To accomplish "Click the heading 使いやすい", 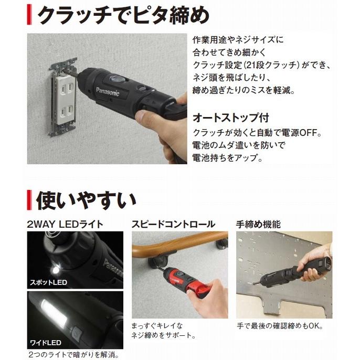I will (x=87, y=200).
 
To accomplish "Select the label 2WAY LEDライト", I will (x=65, y=224).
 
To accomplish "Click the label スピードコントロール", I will (x=173, y=224).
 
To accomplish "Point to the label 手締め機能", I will (x=258, y=224).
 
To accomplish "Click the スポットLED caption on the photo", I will (x=48, y=282).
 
